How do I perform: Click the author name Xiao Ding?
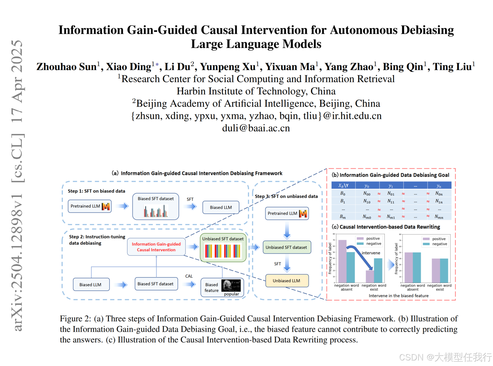(x=128, y=67)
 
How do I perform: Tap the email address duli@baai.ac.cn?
(x=256, y=128)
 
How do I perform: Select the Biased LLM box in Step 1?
(x=221, y=207)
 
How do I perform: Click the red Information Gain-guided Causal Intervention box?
(x=156, y=247)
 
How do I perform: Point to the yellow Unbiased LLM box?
(x=287, y=281)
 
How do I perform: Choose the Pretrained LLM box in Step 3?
(x=287, y=213)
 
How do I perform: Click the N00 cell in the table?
(x=367, y=194)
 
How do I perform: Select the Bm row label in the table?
(x=343, y=217)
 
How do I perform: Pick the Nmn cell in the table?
(x=439, y=217)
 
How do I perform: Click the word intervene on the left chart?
(x=371, y=253)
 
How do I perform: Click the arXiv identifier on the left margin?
(x=18, y=184)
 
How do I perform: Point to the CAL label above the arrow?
(x=189, y=276)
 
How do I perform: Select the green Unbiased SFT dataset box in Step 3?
(x=287, y=247)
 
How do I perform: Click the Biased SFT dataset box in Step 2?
(x=156, y=284)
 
